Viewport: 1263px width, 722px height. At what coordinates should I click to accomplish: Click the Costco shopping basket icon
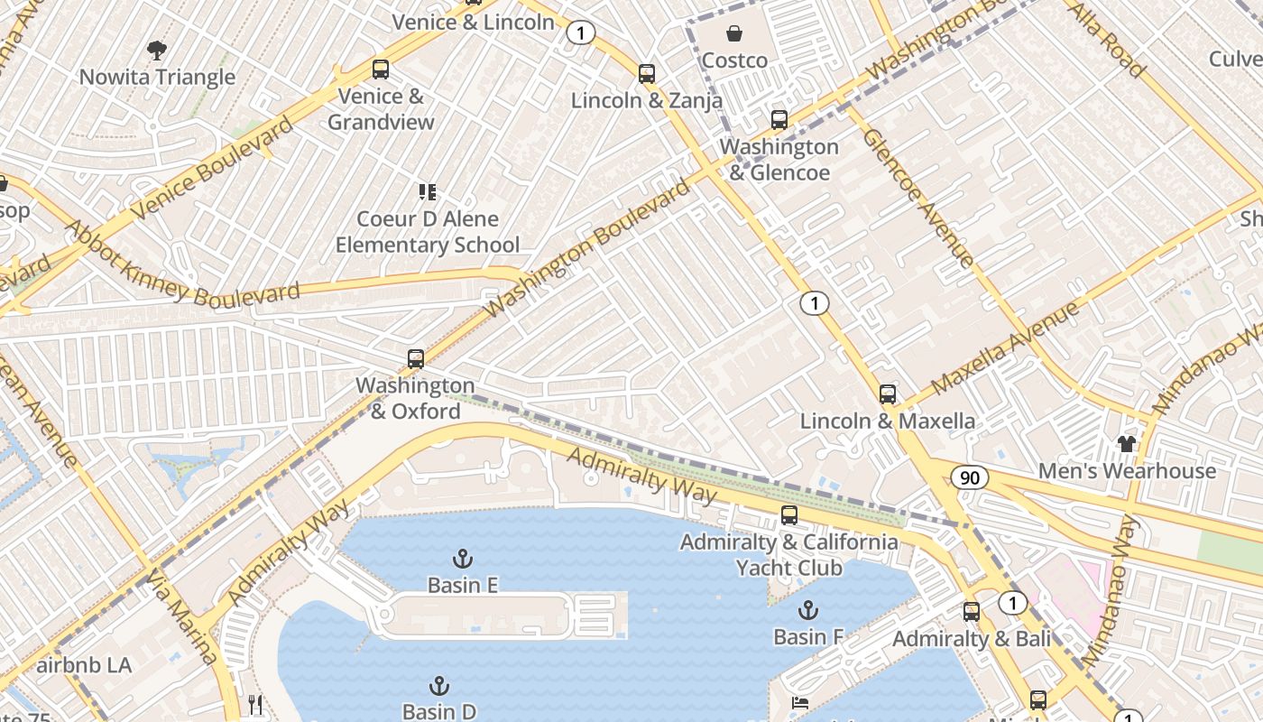[x=735, y=34]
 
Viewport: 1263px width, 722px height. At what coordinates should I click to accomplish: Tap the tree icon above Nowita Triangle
[x=157, y=51]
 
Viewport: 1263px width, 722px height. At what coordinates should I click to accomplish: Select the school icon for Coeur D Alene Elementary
[x=428, y=192]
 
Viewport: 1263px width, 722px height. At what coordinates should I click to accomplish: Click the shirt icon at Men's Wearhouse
[x=1127, y=443]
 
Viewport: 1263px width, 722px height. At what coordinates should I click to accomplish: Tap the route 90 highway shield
[x=969, y=477]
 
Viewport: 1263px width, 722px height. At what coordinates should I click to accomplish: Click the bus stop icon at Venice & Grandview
[x=381, y=69]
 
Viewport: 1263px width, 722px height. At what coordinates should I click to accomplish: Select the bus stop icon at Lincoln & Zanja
[x=647, y=74]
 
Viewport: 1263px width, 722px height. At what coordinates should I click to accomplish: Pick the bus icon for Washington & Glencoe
[x=779, y=120]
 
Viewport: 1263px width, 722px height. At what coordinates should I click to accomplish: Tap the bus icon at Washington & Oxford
[x=415, y=359]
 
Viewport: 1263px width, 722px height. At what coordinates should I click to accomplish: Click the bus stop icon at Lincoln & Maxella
[x=888, y=394]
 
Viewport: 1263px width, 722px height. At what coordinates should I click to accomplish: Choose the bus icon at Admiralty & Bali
[x=972, y=612]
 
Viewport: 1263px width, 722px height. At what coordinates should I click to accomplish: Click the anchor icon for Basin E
[x=463, y=559]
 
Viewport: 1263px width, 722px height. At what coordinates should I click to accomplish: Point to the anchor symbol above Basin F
[x=807, y=610]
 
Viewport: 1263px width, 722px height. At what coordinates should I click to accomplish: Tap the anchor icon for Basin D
[x=439, y=686]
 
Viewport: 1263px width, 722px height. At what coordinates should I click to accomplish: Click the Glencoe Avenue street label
[x=917, y=199]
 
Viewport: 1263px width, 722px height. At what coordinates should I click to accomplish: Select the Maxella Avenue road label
[x=1004, y=349]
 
